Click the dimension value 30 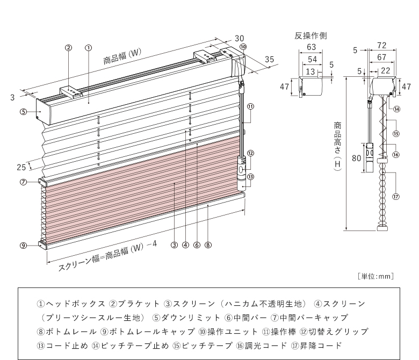239,38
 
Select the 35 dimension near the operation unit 270,59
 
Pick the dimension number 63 310,47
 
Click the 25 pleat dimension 21,167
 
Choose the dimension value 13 310,71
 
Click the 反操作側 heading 310,35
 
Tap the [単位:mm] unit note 375,276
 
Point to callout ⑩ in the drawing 243,47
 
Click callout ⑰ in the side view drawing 396,197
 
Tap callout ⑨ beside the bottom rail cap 23,246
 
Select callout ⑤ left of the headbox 23,112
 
